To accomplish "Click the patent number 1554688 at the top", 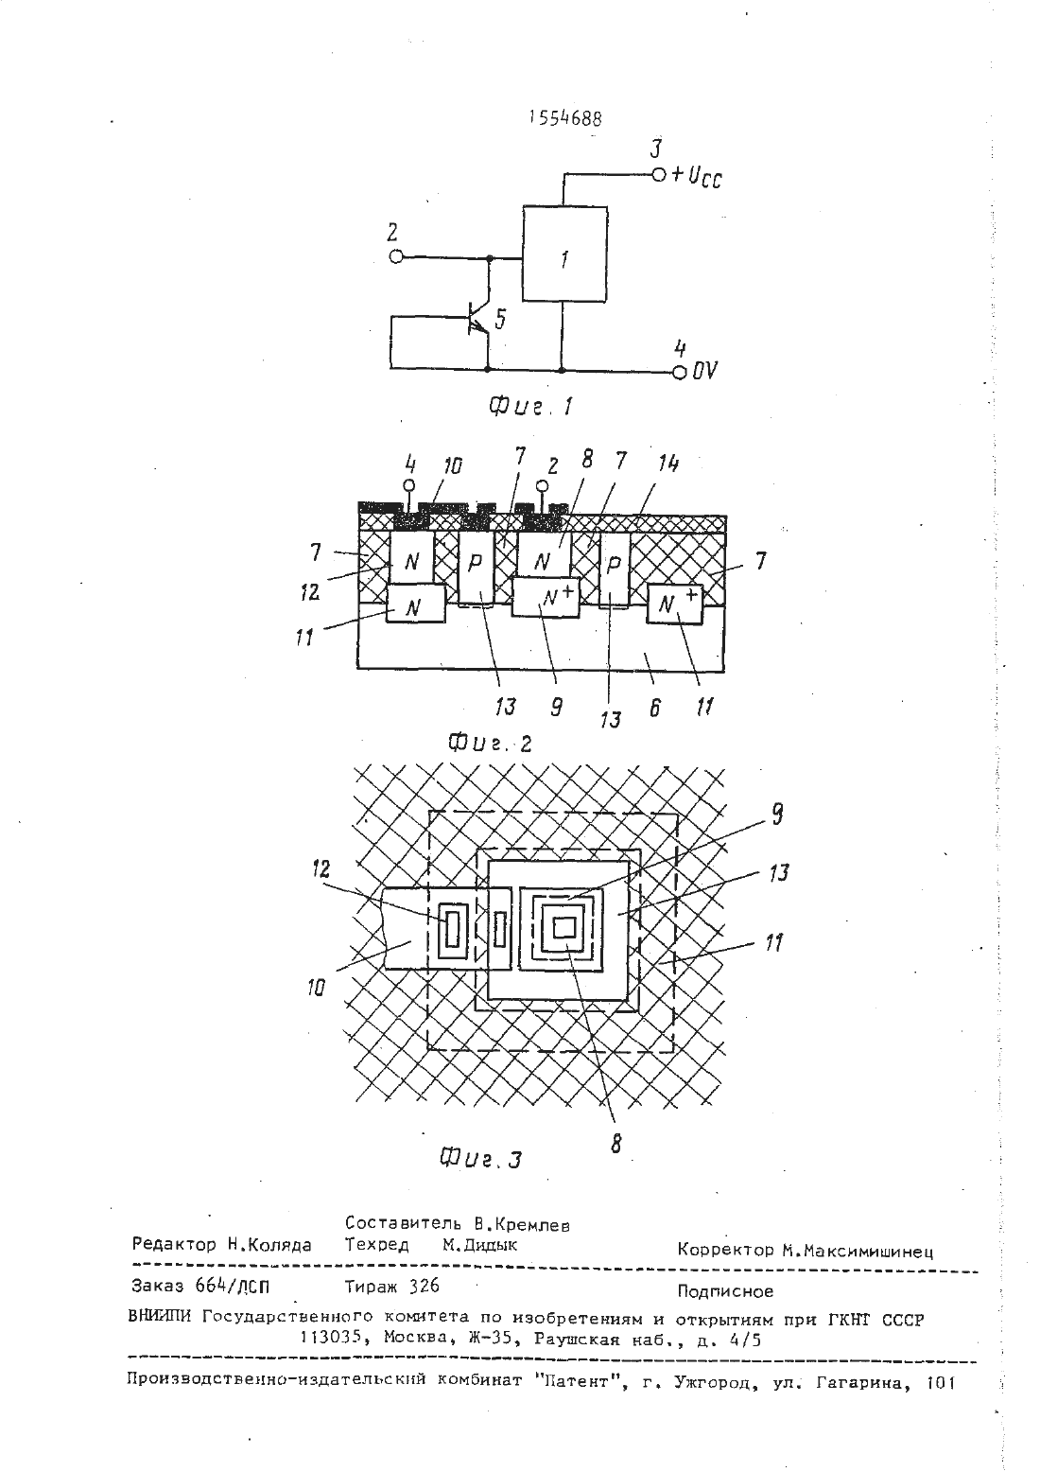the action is [565, 117].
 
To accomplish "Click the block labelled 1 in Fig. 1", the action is [564, 254].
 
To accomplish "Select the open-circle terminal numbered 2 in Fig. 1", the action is [396, 256].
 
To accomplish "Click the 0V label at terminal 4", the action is [704, 371].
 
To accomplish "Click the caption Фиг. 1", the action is [530, 407].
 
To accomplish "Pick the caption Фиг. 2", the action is [490, 744].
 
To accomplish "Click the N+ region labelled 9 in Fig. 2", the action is [546, 597].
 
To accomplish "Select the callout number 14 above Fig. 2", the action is [667, 464].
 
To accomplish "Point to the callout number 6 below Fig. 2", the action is [654, 708].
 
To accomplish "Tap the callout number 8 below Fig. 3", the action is [615, 1144].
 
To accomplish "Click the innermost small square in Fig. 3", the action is [564, 928].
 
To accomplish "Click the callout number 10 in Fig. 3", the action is [316, 987].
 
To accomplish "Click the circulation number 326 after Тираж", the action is [425, 1286].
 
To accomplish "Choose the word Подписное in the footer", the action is [725, 1292].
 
